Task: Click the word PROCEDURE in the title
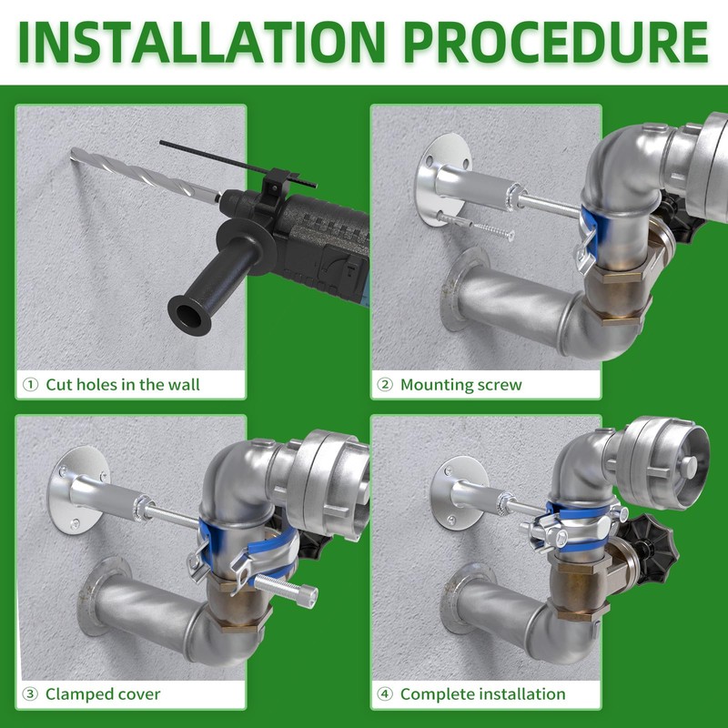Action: click(556, 42)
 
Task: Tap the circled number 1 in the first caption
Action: click(30, 385)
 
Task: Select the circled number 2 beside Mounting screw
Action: click(385, 385)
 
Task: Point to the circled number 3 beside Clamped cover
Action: click(30, 694)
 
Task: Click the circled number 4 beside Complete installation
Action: click(385, 694)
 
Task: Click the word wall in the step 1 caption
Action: click(184, 384)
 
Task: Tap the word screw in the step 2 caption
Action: click(499, 385)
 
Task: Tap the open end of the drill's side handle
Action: click(189, 315)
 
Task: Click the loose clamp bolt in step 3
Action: click(285, 588)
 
